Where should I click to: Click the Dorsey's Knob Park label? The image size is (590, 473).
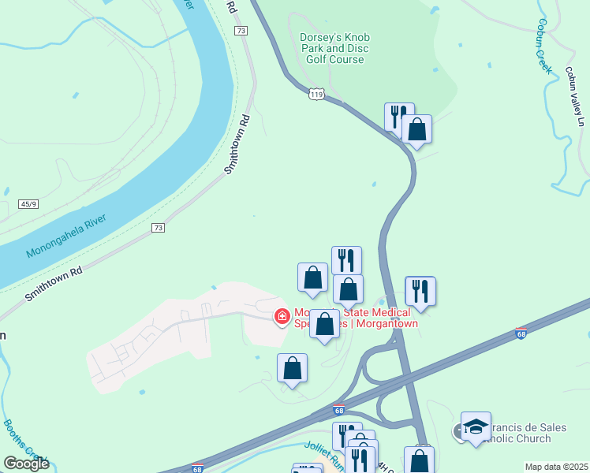point(334,48)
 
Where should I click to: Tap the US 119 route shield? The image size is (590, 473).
point(316,94)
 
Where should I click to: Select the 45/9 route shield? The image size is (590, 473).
point(28,204)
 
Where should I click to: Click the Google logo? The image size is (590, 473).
point(26,464)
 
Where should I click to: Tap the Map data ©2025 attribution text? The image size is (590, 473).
point(556,467)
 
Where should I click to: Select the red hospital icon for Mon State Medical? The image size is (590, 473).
point(280,316)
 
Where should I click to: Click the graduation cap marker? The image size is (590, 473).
point(476,426)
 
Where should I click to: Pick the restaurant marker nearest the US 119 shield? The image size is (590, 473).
point(399,116)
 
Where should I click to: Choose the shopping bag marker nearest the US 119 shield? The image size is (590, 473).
point(416,129)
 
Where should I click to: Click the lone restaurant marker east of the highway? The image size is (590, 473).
point(420,290)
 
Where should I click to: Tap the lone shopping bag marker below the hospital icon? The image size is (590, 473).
point(292,368)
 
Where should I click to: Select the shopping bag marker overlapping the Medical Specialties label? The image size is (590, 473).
point(324,324)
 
